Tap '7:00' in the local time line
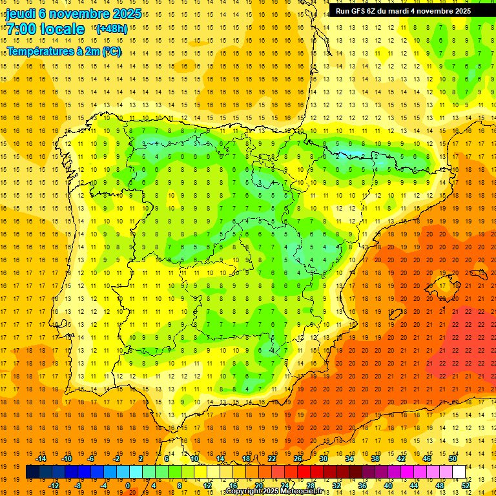coord(21,29)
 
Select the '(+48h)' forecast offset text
coord(110,28)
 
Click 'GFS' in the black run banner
coord(359,11)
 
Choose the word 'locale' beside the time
coord(62,29)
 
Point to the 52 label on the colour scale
coord(466,486)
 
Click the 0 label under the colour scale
coord(128,486)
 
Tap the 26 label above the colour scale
coord(298,459)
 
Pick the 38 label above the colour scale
coord(375,459)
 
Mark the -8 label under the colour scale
coord(78,486)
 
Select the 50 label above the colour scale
coord(453,459)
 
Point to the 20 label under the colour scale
coord(259,486)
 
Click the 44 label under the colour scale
coord(414,486)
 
